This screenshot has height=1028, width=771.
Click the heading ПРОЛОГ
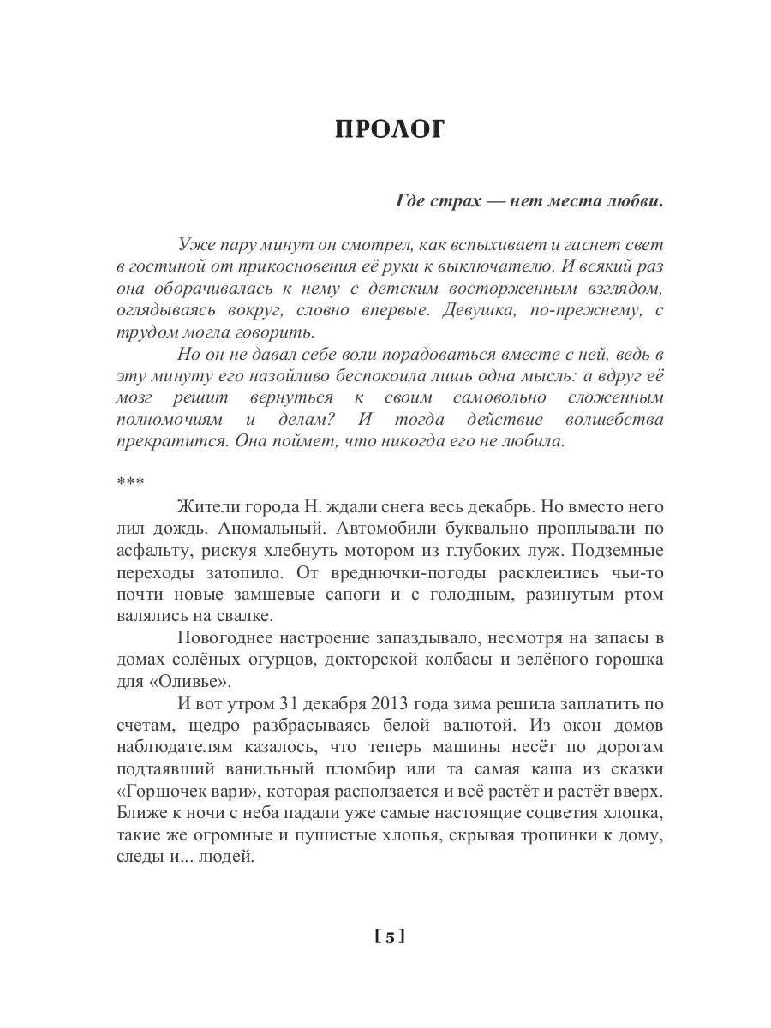[x=390, y=128]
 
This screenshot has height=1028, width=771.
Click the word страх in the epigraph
[x=453, y=202]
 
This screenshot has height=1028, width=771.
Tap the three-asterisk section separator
[x=125, y=484]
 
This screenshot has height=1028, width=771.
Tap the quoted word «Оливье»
[x=188, y=683]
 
